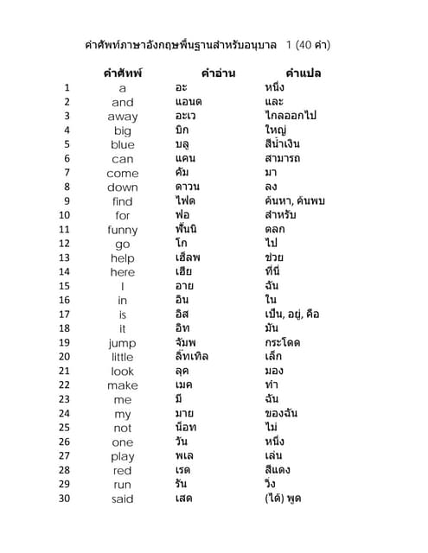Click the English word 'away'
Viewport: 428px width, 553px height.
pyautogui.click(x=122, y=117)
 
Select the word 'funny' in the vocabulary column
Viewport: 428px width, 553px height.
pyautogui.click(x=122, y=230)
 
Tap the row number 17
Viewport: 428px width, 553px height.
pyautogui.click(x=64, y=315)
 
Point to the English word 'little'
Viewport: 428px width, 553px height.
pyautogui.click(x=122, y=357)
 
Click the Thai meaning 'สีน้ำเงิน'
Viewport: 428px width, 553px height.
pyautogui.click(x=283, y=144)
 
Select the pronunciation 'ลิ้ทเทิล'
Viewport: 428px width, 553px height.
pyautogui.click(x=192, y=356)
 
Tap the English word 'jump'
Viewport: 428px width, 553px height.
pyautogui.click(x=122, y=343)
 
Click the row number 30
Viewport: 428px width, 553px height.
pyautogui.click(x=64, y=498)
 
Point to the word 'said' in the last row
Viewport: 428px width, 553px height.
pyautogui.click(x=122, y=499)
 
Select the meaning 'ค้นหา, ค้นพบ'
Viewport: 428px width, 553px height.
pyautogui.click(x=295, y=201)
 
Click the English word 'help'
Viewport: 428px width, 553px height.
pyautogui.click(x=122, y=258)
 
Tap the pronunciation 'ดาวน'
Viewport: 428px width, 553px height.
pyautogui.click(x=188, y=187)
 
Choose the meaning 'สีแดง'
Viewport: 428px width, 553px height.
pyautogui.click(x=278, y=470)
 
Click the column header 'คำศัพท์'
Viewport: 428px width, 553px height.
pyautogui.click(x=123, y=73)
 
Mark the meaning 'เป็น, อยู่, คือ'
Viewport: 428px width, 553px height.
pyautogui.click(x=292, y=315)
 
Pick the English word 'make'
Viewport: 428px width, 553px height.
pyautogui.click(x=122, y=385)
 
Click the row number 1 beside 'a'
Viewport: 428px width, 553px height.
pyautogui.click(x=67, y=88)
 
